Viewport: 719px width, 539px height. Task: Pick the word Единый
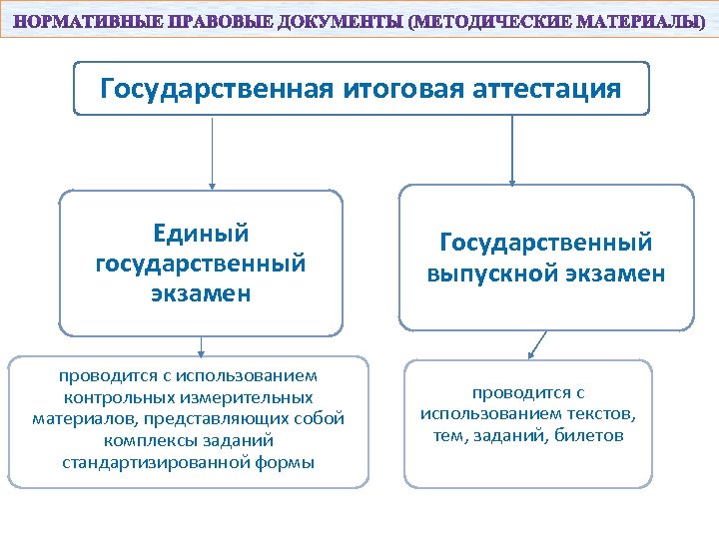click(201, 233)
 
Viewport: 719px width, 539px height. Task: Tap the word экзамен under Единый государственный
click(201, 293)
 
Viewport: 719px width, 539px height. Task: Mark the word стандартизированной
click(151, 461)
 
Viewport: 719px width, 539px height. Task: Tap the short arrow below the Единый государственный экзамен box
click(201, 345)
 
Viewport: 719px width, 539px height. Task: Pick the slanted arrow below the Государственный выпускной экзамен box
click(538, 344)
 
